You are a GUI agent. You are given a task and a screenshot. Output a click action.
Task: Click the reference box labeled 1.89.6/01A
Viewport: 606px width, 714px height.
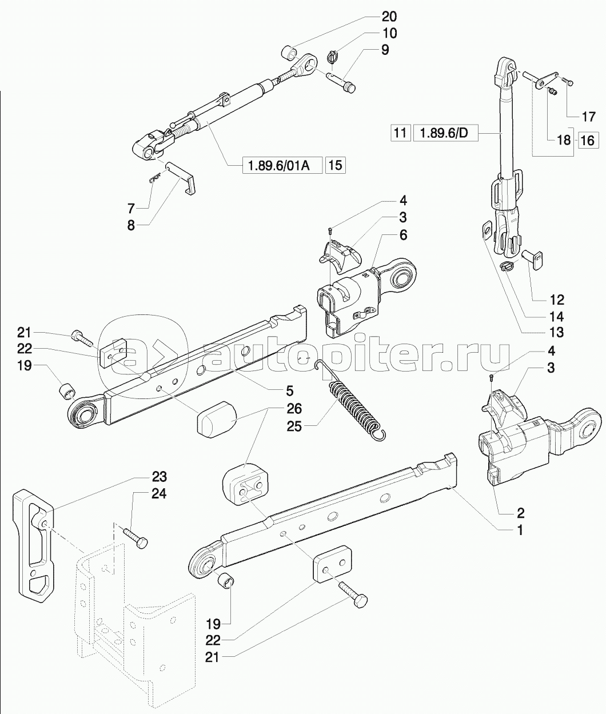click(x=282, y=165)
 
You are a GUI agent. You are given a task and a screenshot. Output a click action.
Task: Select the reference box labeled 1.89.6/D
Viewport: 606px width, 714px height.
click(x=445, y=132)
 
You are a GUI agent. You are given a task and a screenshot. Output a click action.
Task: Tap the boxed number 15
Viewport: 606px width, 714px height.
click(x=335, y=165)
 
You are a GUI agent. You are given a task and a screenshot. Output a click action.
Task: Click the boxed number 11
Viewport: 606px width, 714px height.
click(x=400, y=132)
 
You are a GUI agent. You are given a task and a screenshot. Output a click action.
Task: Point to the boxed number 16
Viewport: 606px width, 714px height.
click(x=588, y=140)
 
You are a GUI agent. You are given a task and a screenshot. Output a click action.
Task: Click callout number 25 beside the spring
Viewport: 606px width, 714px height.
click(x=294, y=426)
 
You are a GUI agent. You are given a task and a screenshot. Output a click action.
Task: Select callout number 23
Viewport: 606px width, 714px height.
click(x=159, y=477)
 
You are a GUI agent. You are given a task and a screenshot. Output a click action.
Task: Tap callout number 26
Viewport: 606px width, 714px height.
click(x=294, y=409)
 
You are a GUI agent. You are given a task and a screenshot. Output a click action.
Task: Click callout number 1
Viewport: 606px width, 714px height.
click(x=519, y=540)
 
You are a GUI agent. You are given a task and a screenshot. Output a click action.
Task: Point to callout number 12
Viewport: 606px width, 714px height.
click(x=556, y=300)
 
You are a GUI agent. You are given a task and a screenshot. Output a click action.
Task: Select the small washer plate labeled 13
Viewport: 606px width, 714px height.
click(x=487, y=230)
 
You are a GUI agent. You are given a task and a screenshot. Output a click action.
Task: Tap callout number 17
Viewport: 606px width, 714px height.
click(x=588, y=117)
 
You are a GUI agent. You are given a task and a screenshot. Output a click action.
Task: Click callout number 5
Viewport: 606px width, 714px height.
click(x=289, y=390)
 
